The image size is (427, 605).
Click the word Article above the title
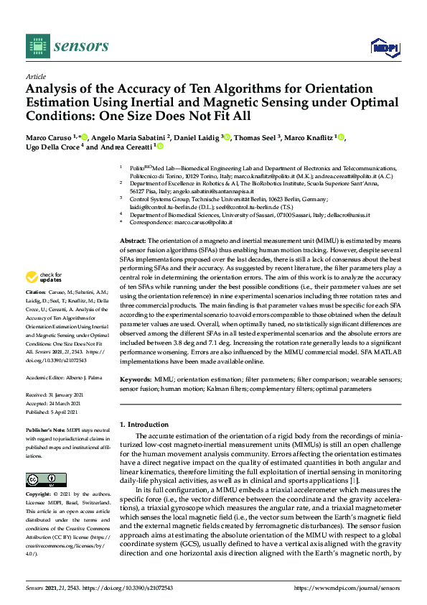coord(35,75)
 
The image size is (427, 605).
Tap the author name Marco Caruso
coord(44,137)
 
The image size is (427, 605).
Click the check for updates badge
coord(45,277)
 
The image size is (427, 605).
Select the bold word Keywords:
coord(135,378)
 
